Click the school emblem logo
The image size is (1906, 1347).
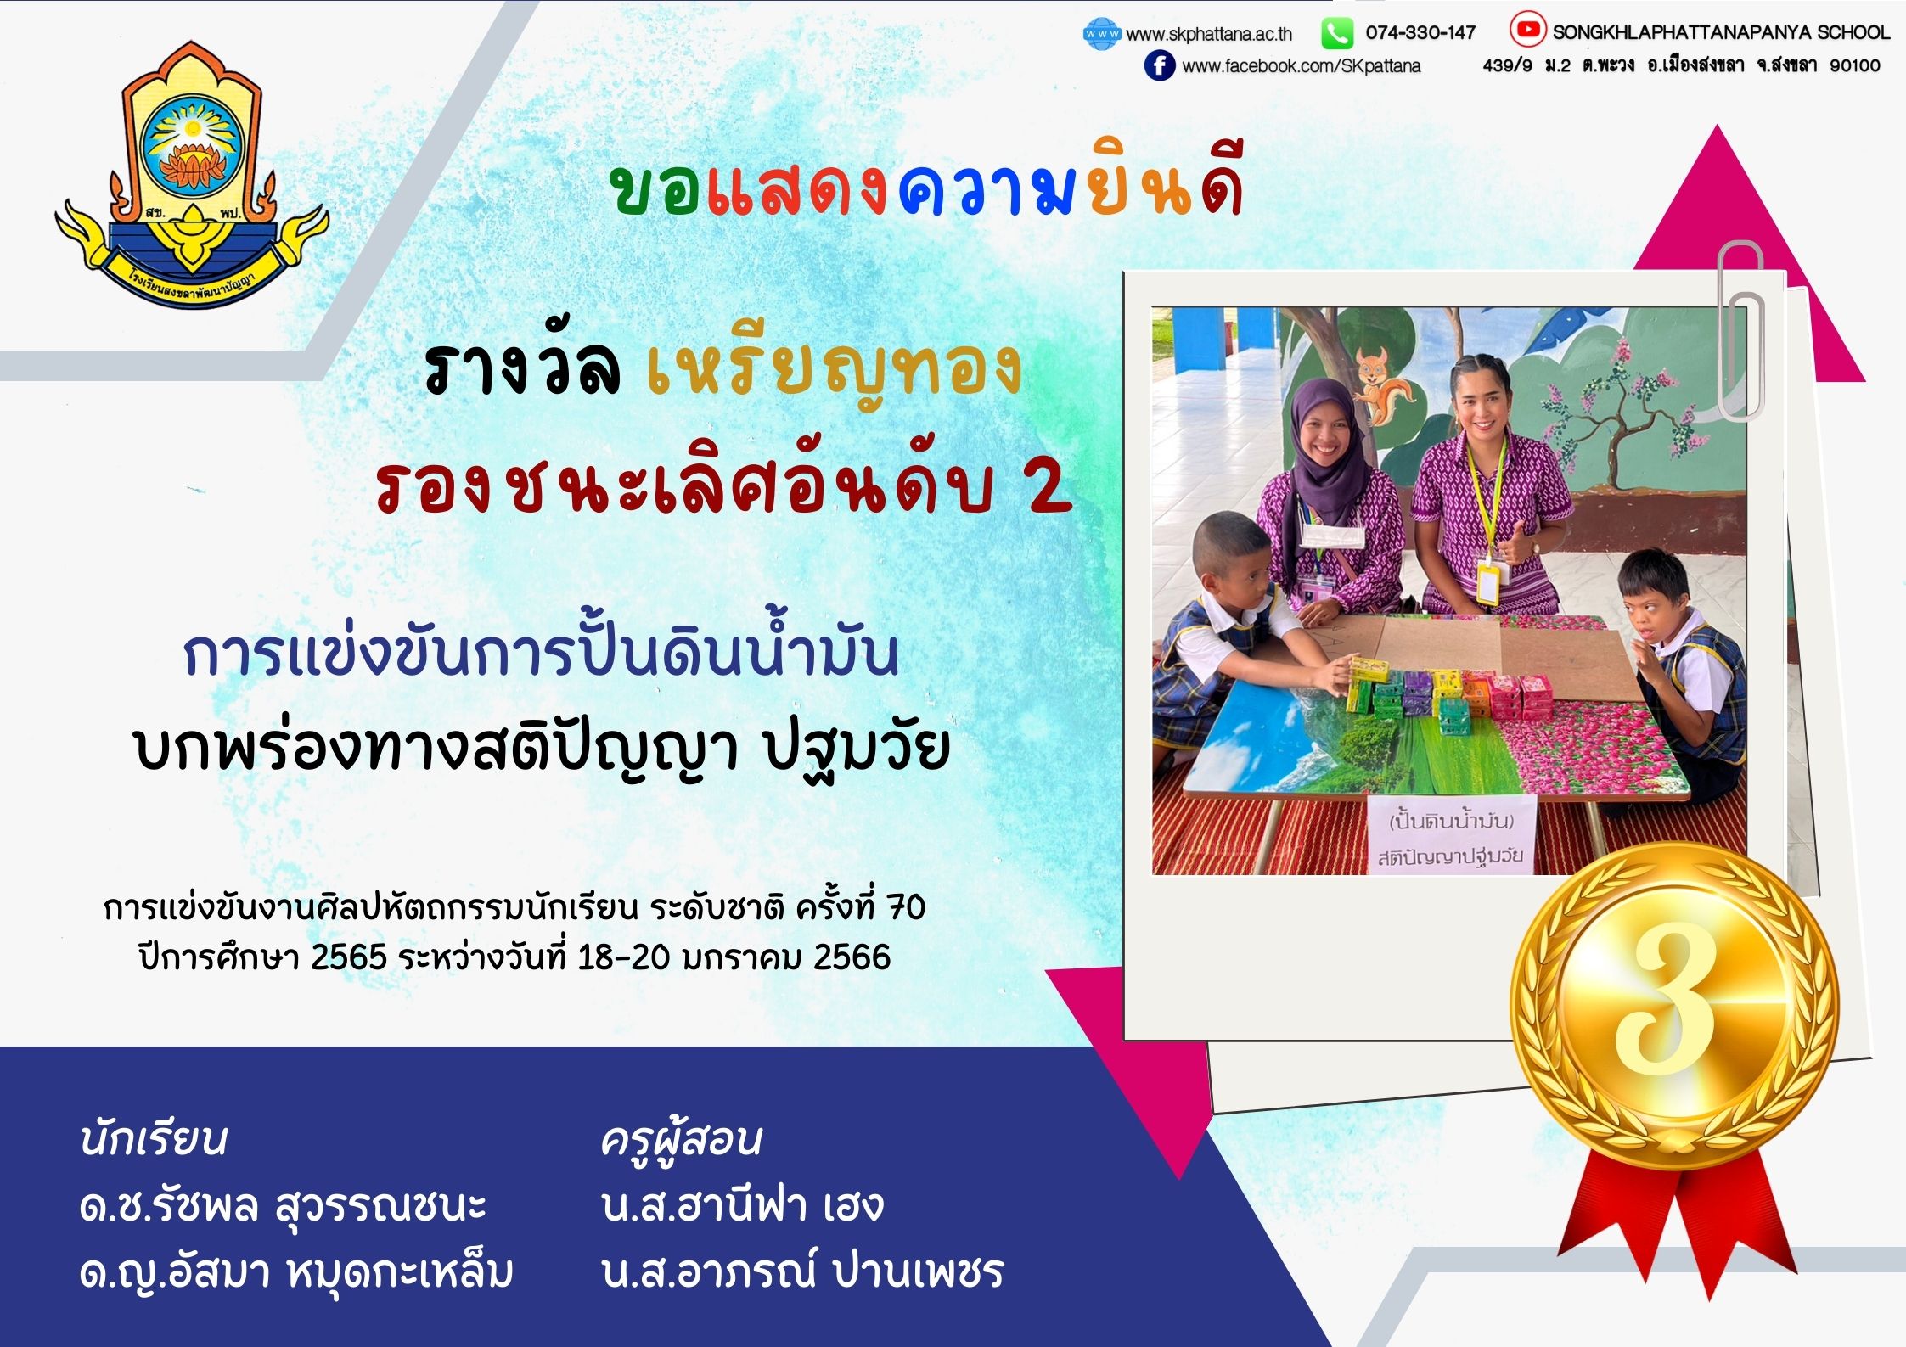point(192,174)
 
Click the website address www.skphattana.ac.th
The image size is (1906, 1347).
point(1209,34)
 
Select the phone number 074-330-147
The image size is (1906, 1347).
point(1420,32)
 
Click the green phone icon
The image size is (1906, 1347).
point(1337,34)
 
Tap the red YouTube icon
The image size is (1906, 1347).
point(1527,31)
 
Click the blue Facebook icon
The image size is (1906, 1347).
point(1160,65)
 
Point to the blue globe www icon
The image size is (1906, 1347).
point(1102,34)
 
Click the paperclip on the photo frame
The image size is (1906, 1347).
point(1740,330)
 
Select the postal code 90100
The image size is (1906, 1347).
point(1855,65)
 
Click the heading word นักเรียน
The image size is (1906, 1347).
point(154,1139)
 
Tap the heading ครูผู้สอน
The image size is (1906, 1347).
point(681,1139)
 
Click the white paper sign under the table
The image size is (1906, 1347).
point(1450,835)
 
